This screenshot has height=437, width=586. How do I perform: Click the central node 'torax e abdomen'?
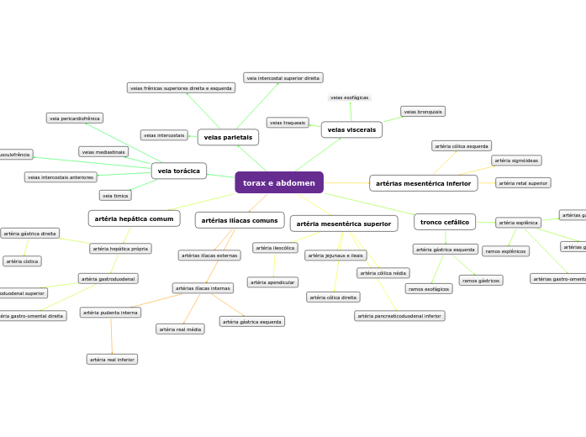pos(279,182)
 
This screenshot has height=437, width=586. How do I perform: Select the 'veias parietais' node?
pos(228,136)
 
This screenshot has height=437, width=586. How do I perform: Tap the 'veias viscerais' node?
pos(351,129)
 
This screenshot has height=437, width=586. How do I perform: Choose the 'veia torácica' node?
pos(179,171)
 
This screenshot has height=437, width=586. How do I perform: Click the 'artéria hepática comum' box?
pos(135,218)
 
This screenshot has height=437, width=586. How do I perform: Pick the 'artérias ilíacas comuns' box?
pos(240,220)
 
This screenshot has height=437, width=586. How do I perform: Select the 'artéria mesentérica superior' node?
pos(344,224)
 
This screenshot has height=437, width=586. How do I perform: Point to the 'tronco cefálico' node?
pos(445,222)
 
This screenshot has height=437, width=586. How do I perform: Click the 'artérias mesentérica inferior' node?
pos(424,182)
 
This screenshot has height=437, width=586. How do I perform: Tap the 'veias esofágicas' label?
pos(350,97)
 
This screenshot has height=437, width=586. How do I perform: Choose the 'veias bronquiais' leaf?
pos(423,111)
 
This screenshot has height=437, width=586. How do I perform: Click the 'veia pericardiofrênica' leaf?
pos(75,118)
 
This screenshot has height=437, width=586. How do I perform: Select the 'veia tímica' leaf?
pos(115,195)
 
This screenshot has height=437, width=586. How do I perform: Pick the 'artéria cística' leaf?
pos(23,261)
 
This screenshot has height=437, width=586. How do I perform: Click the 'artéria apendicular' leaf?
pos(272,282)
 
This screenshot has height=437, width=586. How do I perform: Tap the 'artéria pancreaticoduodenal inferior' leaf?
pos(399,316)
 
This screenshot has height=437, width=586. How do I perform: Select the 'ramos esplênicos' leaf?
pos(505,251)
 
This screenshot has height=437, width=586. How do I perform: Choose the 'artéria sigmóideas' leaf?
pos(516,161)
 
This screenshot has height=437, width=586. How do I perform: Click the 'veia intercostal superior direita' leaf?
pos(282,77)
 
